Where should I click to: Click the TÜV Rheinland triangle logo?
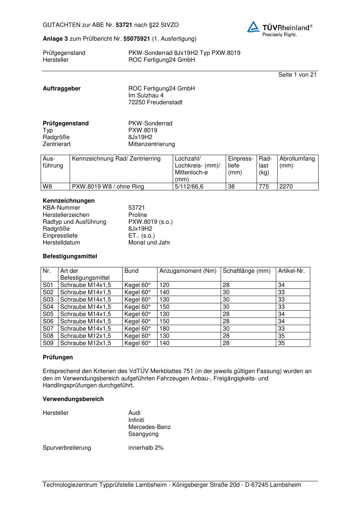point(253,27)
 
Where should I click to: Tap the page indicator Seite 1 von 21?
point(297,75)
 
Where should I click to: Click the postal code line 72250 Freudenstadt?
point(155,102)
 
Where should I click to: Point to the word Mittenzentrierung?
point(151,144)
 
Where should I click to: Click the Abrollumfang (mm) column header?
point(297,162)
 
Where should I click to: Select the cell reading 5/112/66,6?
point(189,187)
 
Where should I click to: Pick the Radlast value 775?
point(264,187)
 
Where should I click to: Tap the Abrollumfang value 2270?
point(286,187)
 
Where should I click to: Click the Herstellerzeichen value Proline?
point(138,215)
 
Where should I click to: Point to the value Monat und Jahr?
point(149,243)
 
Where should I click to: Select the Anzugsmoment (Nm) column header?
point(188,271)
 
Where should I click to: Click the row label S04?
point(48,307)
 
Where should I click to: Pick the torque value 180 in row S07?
point(164,329)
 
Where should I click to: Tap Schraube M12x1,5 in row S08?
point(86,336)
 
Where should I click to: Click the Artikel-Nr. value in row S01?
point(281,285)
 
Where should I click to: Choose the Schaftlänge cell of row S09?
point(226,343)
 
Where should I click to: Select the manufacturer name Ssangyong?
point(143,434)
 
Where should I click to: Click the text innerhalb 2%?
point(146,448)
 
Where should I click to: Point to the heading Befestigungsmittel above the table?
point(70,256)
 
